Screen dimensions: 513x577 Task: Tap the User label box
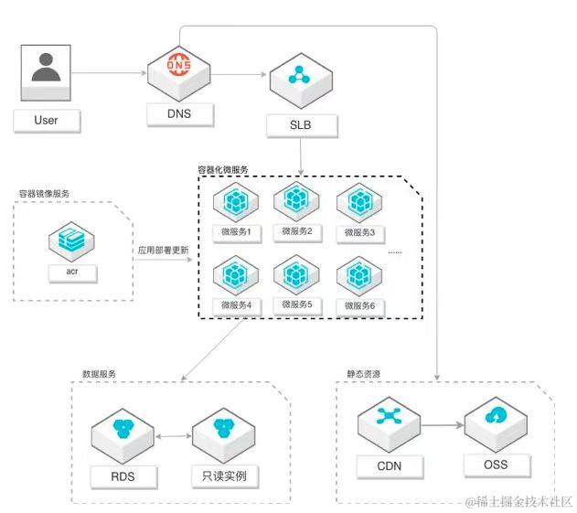point(46,120)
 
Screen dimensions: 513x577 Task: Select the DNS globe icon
point(179,66)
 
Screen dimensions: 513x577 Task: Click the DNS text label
point(179,113)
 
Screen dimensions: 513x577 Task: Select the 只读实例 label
point(223,476)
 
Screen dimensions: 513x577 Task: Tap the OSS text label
point(495,465)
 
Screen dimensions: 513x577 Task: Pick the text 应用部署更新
point(164,249)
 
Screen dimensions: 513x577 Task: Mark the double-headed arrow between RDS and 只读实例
point(173,437)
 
